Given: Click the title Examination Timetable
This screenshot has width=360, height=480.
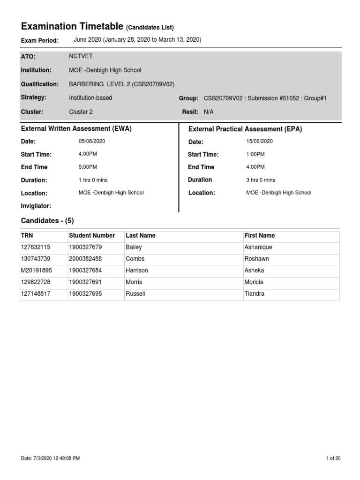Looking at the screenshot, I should coord(72,26).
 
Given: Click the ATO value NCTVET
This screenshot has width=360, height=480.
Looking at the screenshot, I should coord(81,56).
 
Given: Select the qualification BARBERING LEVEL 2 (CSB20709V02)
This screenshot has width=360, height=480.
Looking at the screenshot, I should coord(121,84).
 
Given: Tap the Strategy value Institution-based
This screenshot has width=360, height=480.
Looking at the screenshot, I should coord(90,98).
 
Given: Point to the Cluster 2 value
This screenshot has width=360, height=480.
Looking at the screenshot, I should coord(81,112).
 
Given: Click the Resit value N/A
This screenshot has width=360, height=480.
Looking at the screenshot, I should coord(208,112).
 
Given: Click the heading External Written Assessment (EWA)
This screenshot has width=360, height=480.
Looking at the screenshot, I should coord(76,128).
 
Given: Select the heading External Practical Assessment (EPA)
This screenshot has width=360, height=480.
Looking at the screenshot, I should coord(245,129).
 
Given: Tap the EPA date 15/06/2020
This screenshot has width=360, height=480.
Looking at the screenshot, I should coord(259,141).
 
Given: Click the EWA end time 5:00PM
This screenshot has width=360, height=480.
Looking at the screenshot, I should coord(88,167).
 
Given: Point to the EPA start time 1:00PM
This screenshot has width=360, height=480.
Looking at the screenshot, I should coord(255,154).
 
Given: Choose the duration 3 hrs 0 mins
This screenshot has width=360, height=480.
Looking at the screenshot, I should coord(261,180).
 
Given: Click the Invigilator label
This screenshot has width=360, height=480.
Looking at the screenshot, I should coord(36,206).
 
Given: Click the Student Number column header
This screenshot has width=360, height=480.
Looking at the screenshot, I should coord(92,235).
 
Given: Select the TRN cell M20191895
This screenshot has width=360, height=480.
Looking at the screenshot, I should coord(37,270).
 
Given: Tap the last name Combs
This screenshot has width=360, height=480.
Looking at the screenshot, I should coord(135,259).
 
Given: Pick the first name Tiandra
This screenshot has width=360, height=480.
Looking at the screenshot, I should coord(255,294).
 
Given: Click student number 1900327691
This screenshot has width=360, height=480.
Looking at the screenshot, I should coord(85,282).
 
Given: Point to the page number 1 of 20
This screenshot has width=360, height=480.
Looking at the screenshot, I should coord(333,458).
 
